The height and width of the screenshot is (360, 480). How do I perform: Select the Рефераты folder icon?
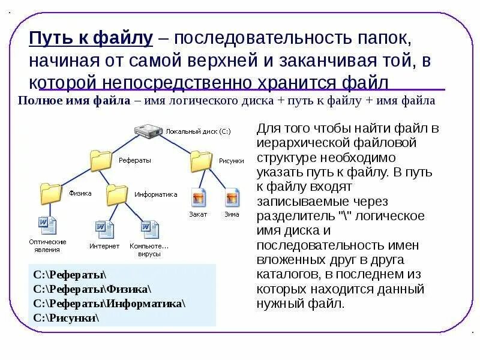101,161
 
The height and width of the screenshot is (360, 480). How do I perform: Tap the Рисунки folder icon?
202,161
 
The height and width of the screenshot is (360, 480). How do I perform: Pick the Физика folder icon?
52,193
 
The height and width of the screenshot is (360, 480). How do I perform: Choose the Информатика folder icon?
117,194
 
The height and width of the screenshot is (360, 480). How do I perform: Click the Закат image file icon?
199,197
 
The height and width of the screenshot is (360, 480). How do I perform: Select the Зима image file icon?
232,197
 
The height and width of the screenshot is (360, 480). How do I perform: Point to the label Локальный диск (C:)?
198,131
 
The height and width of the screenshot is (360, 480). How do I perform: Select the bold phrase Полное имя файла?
74,101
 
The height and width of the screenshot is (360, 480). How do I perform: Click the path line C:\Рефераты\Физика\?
92,289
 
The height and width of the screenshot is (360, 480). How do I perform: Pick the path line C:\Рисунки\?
66,317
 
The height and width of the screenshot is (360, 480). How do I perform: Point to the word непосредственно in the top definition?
157,82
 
